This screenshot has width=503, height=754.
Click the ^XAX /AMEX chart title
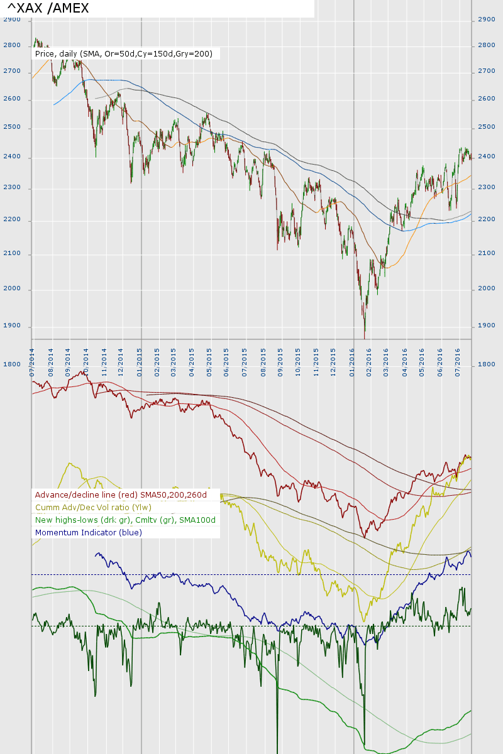(x=48, y=8)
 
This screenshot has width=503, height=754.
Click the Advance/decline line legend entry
(x=121, y=495)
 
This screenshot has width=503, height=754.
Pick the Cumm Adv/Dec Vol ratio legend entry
(x=93, y=507)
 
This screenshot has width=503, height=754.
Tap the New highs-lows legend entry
(x=125, y=520)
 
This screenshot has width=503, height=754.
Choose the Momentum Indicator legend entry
(x=89, y=532)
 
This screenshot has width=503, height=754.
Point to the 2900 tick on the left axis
(x=12, y=19)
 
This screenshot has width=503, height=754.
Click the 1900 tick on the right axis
(x=487, y=325)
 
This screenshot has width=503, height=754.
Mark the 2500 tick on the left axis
(x=12, y=128)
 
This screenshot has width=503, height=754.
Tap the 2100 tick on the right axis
(x=487, y=253)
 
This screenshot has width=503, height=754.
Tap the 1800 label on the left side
(x=12, y=364)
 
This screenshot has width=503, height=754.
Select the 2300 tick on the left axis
(x=12, y=188)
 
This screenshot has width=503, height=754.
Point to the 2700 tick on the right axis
(x=487, y=72)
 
